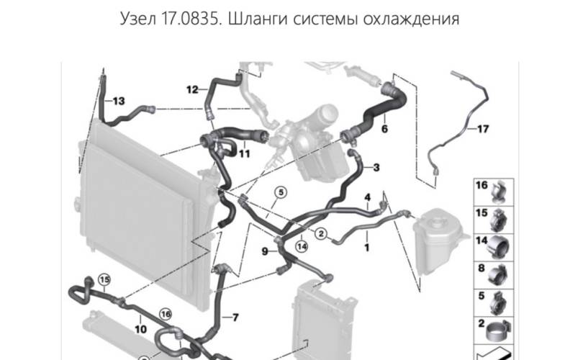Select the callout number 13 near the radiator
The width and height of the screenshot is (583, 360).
click(x=119, y=101)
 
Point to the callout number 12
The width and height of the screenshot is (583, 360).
click(x=192, y=89)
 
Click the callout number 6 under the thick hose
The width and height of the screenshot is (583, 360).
click(x=384, y=129)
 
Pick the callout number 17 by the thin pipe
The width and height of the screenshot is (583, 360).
click(x=483, y=129)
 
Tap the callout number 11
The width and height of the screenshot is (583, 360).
click(x=244, y=153)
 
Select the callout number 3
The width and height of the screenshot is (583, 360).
click(x=376, y=167)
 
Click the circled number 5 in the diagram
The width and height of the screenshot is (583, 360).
click(x=281, y=192)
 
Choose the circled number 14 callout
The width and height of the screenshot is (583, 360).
click(x=302, y=246)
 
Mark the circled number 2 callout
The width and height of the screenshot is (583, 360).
click(x=321, y=233)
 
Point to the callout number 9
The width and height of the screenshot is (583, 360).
click(x=265, y=251)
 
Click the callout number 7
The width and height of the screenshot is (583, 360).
click(x=235, y=318)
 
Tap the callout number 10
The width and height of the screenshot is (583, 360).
click(x=140, y=329)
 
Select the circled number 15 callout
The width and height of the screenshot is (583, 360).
click(x=104, y=279)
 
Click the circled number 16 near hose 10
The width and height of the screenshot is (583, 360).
click(x=166, y=314)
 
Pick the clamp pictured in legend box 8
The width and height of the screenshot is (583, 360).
click(x=499, y=275)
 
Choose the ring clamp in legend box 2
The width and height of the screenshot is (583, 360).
click(x=498, y=331)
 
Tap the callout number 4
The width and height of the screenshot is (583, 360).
click(x=367, y=197)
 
